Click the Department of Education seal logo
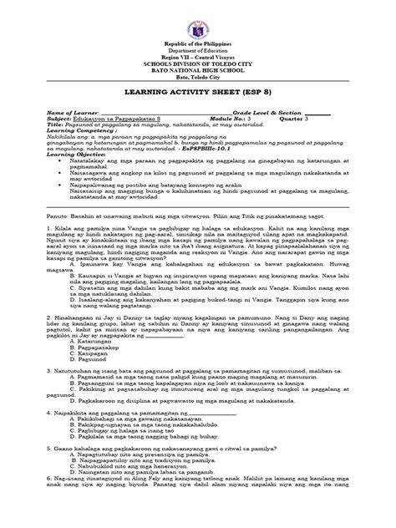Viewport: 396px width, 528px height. pyautogui.click(x=198, y=23)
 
